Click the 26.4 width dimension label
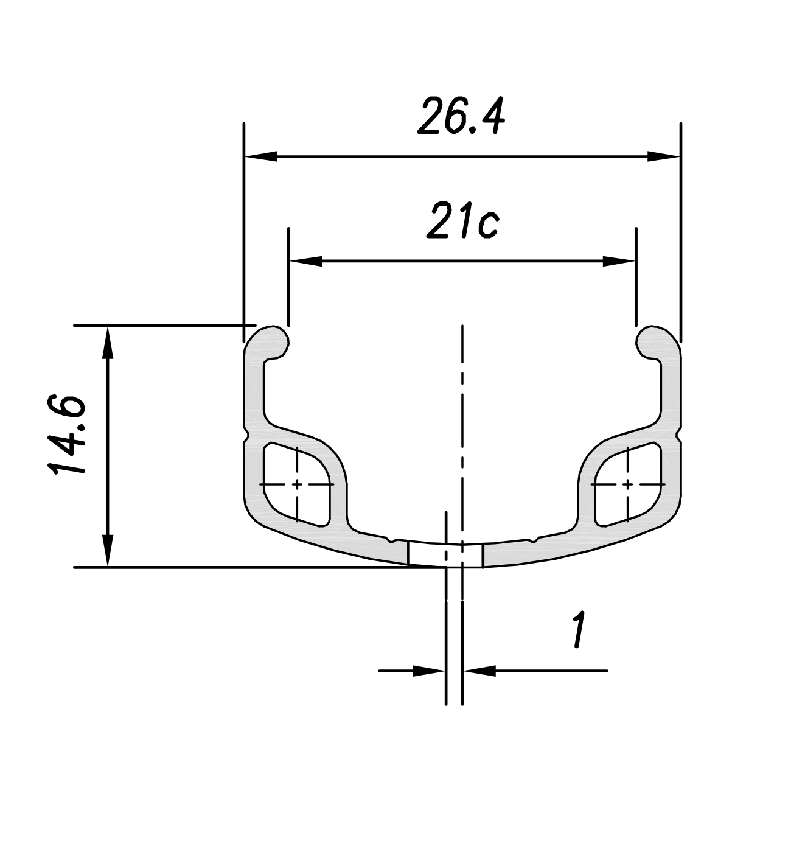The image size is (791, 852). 462,116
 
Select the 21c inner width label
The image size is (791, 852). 463,220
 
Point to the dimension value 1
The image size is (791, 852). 579,630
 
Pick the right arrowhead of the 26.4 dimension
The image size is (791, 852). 663,156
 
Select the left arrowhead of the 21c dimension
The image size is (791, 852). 306,261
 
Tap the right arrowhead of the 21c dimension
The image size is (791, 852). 619,261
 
